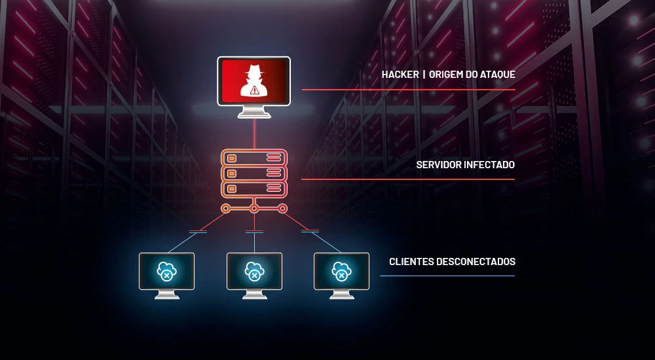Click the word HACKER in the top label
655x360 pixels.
coord(400,75)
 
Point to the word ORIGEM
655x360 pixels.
coord(444,75)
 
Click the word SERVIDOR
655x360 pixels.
coord(439,165)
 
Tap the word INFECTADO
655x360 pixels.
coord(489,165)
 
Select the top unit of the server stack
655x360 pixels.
coord(254,158)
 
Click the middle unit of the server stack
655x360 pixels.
coord(254,173)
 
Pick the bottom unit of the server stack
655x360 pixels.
coord(254,189)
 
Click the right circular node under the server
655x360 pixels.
coord(282,209)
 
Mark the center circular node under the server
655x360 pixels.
coord(254,209)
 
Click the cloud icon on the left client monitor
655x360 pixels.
coord(166,270)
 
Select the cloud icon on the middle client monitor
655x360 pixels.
coord(254,270)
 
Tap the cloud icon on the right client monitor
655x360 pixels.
coord(341,270)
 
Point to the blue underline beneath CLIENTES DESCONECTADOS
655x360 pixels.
coord(447,276)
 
